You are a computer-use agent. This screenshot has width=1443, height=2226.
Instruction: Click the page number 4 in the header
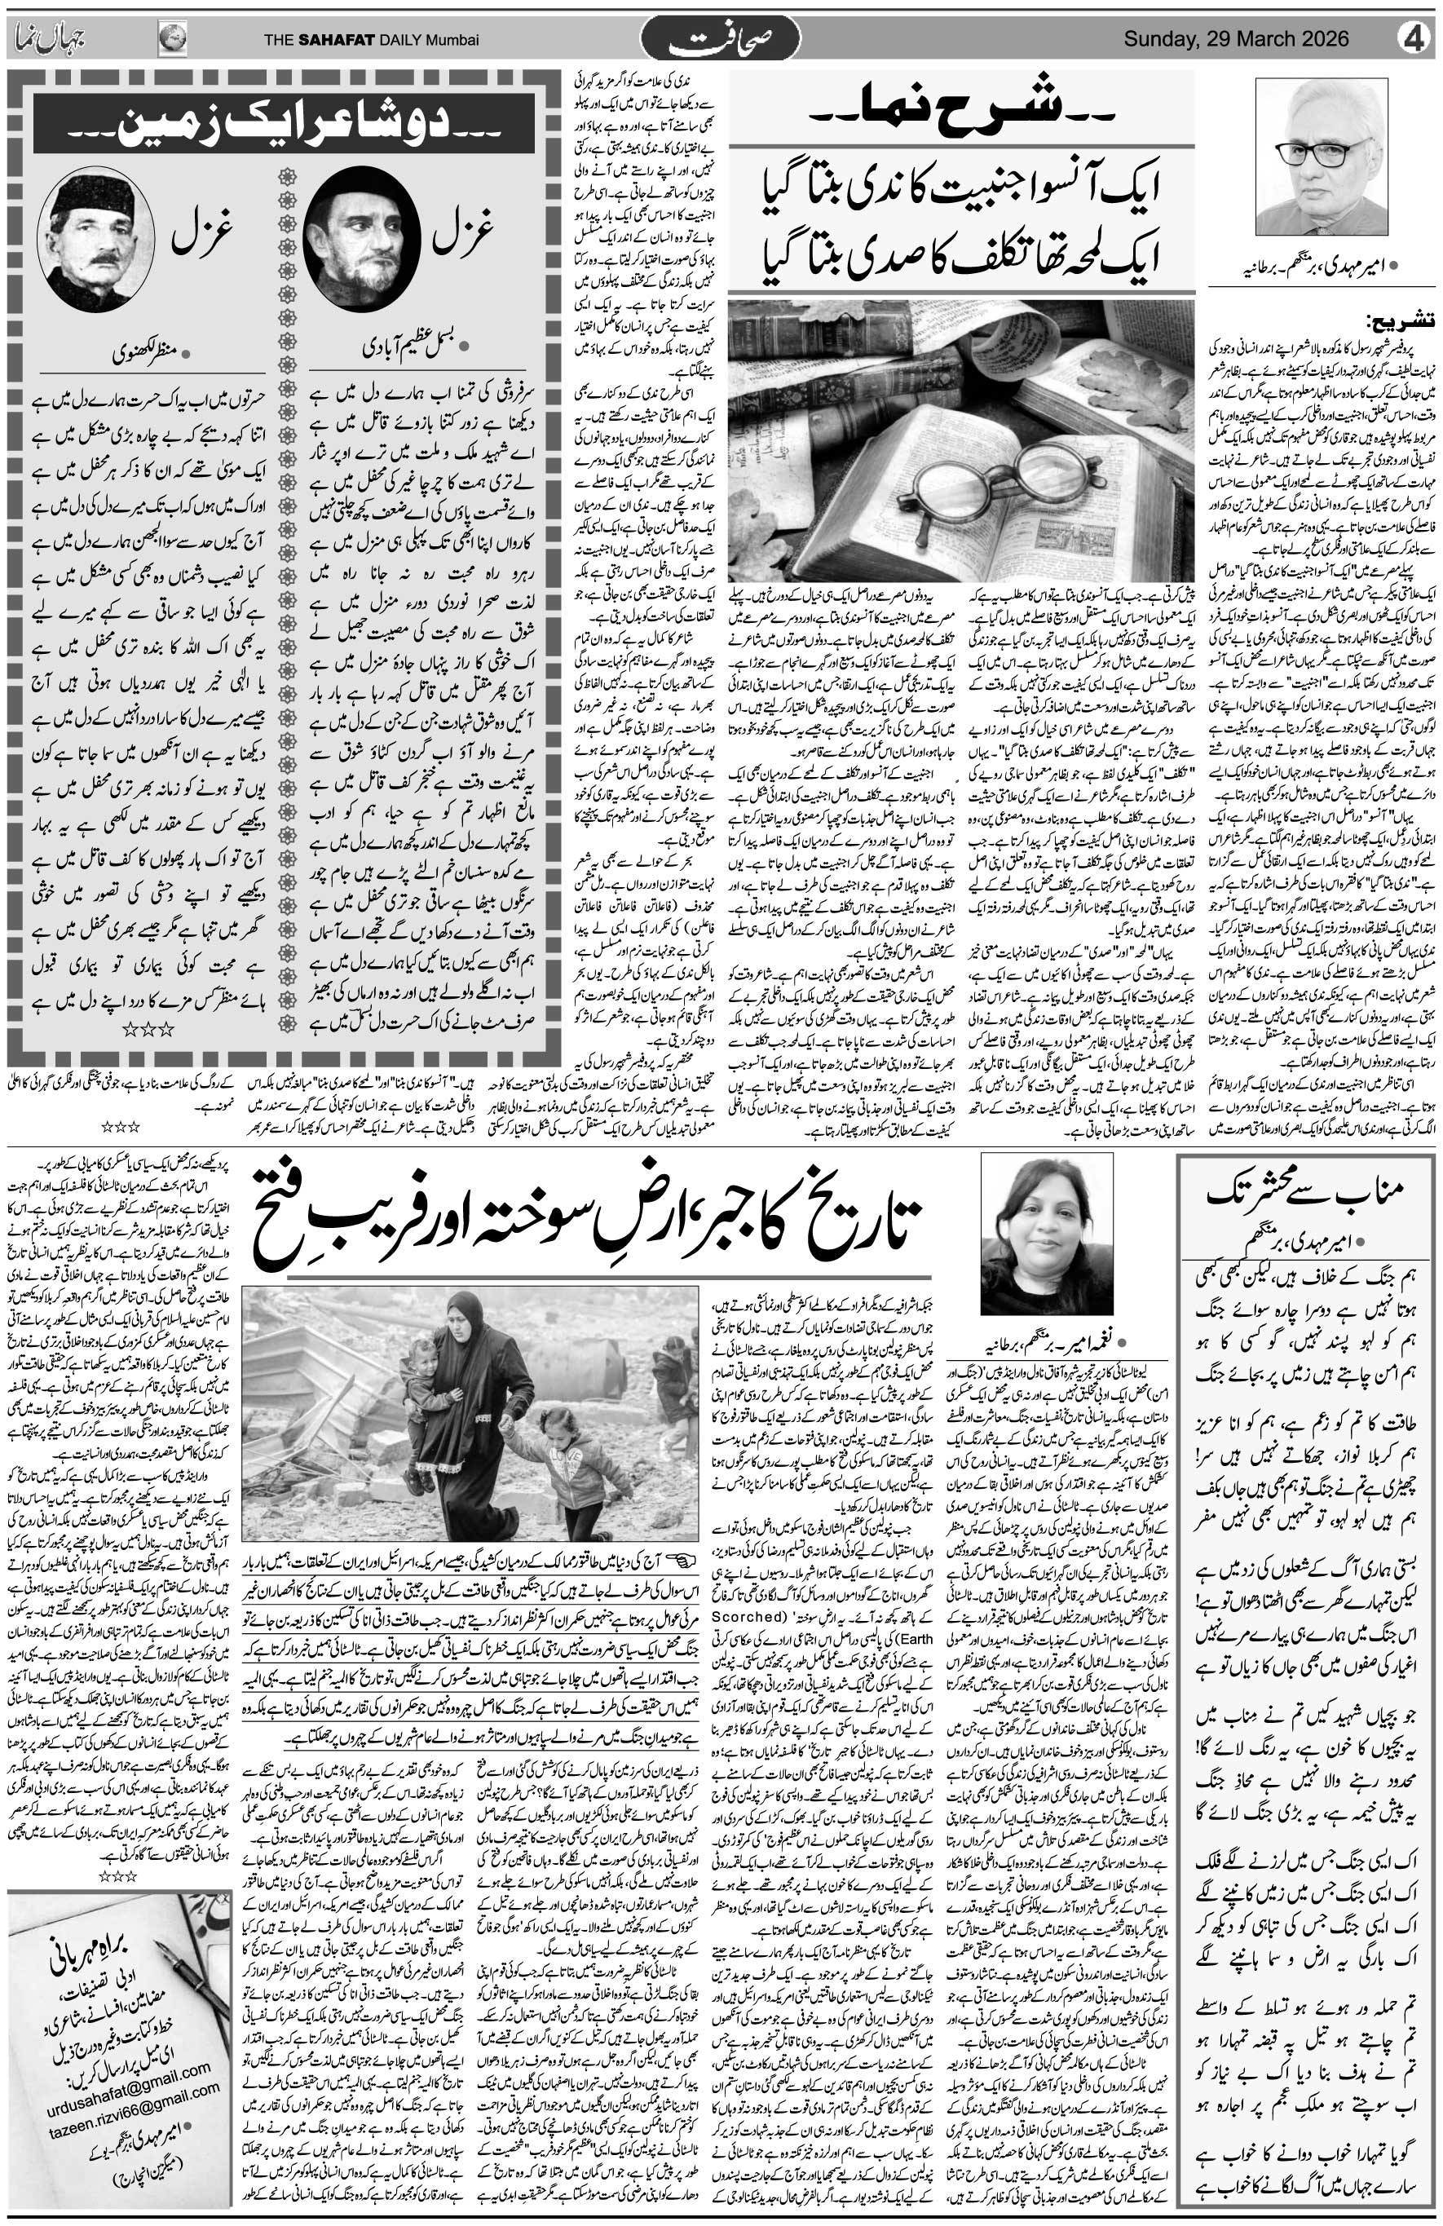[x=1416, y=40]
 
